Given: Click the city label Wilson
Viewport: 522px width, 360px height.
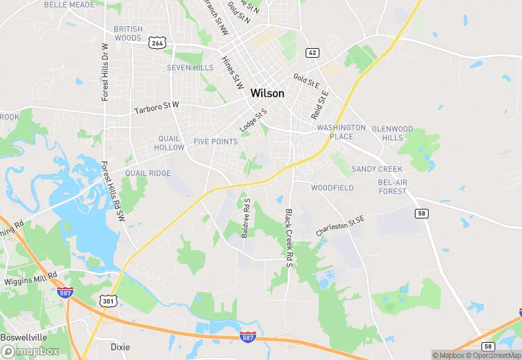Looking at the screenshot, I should [x=267, y=93].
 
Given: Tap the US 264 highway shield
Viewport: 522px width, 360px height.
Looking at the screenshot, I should [x=157, y=43].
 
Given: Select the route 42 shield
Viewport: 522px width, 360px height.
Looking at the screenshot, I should [x=313, y=52].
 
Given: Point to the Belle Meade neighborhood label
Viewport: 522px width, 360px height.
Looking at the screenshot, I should [x=69, y=4].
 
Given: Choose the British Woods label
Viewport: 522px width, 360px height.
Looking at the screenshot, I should [x=128, y=34].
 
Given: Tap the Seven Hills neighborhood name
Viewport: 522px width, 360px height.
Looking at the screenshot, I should [x=190, y=68].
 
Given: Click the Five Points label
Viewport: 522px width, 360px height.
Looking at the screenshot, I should [x=215, y=142].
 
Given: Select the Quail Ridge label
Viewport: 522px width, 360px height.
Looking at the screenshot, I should [x=149, y=173].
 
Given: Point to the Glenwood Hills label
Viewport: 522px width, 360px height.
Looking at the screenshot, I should [x=392, y=133].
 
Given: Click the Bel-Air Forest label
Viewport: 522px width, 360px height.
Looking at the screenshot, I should [x=392, y=186].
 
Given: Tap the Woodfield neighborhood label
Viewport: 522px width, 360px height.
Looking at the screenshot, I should [x=332, y=188].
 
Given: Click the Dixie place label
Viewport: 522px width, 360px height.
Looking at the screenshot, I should [x=120, y=347].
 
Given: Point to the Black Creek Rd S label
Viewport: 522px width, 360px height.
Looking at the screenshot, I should [x=290, y=234].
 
